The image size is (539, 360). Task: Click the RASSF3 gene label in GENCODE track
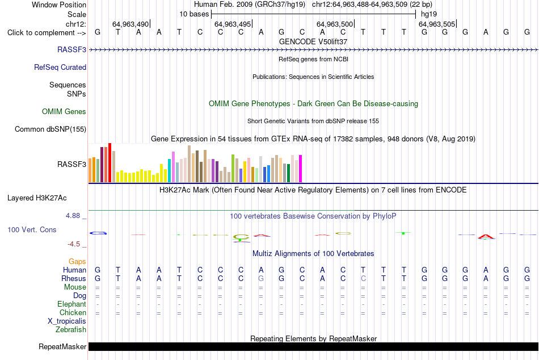coord(71,49)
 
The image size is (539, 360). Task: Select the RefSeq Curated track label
coord(60,67)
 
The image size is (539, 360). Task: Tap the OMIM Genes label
coord(64,111)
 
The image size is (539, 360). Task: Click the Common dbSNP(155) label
coord(50,129)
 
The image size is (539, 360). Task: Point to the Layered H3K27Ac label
coord(37,198)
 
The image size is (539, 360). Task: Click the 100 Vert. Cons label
coord(32,229)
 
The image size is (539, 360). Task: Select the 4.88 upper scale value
coord(73,216)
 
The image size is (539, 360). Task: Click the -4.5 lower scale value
coord(74,244)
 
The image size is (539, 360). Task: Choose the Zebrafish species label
coord(71,330)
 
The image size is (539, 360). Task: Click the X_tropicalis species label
coord(67,321)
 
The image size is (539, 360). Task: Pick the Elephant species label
coord(72,304)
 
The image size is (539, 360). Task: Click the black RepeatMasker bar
coord(313,346)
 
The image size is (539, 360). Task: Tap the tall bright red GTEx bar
coord(110,162)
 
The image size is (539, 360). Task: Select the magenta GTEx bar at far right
coord(301,169)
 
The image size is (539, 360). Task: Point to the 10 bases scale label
coord(194,14)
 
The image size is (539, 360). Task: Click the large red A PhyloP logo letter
coord(486,237)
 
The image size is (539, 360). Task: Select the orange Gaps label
coord(77,262)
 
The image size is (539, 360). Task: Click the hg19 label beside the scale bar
coord(429,14)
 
